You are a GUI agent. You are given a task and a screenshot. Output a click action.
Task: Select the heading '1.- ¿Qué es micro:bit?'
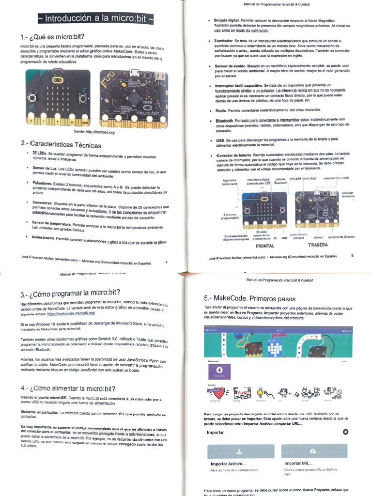(x=53, y=38)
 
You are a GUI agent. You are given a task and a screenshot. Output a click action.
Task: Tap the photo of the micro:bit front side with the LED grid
(x=58, y=97)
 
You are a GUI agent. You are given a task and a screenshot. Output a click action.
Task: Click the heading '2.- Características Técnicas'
(x=61, y=144)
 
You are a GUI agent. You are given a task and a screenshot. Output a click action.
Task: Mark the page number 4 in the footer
(x=166, y=262)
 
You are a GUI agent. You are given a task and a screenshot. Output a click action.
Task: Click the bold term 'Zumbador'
(x=224, y=42)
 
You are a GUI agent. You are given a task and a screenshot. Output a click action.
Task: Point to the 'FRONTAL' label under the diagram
(x=264, y=246)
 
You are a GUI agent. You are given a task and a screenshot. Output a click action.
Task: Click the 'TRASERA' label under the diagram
(x=317, y=245)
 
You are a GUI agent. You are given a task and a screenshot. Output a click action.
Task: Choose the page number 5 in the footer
(x=352, y=255)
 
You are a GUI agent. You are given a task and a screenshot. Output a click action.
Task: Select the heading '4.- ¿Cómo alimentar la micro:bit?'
(x=68, y=388)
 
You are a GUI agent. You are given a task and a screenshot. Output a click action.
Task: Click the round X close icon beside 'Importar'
(x=345, y=432)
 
